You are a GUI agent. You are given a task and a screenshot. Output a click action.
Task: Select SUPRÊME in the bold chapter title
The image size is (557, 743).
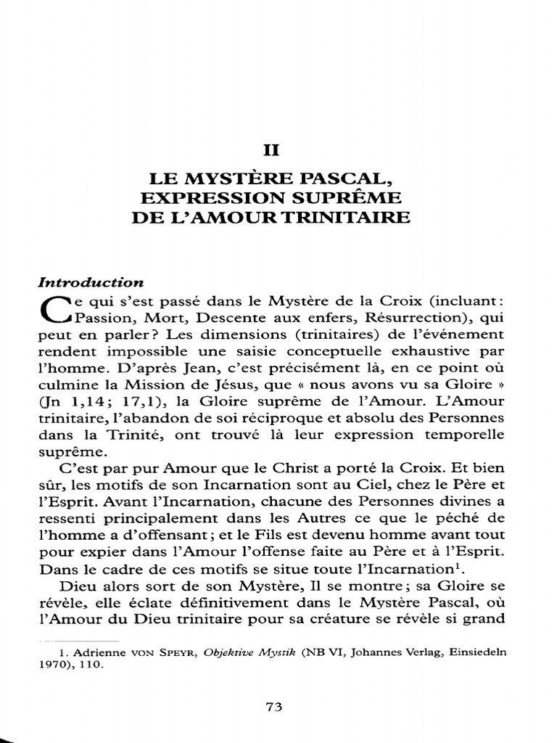(x=355, y=197)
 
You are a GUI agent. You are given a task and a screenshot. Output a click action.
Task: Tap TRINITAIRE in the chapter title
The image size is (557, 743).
(x=351, y=217)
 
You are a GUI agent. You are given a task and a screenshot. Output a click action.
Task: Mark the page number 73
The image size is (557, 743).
(x=277, y=707)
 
